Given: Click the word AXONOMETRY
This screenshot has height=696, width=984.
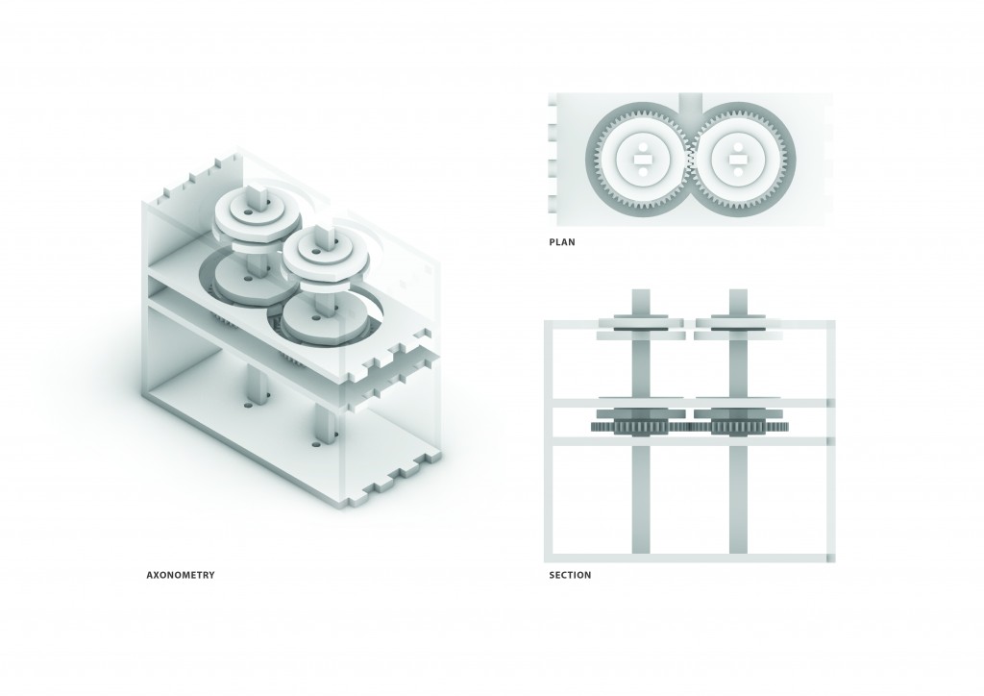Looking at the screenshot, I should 180,575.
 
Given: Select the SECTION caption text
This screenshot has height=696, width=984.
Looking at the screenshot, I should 569,575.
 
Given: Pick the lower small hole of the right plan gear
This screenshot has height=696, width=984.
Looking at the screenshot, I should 738,175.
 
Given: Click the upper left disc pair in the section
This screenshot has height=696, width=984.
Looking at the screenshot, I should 641,327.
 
